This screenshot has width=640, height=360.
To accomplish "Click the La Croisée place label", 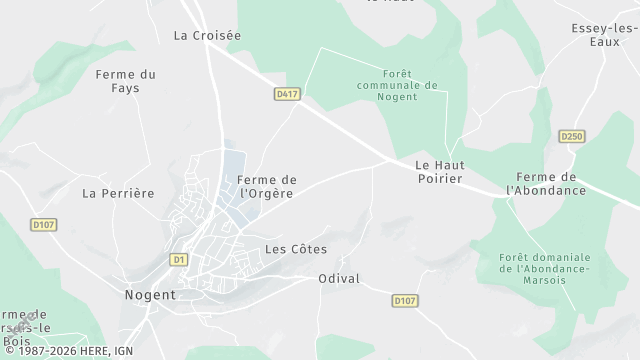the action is tap(207, 35).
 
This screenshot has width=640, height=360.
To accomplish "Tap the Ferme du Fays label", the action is tap(125, 81).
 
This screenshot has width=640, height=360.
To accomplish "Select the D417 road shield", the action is tap(288, 94).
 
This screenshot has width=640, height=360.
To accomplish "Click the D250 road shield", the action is tap(571, 136).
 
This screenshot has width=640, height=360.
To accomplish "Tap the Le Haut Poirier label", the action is tap(440, 171).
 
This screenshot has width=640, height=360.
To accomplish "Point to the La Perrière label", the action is tap(118, 193).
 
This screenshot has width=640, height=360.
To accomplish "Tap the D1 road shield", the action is tap(179, 259).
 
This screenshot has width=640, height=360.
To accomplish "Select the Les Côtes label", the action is tap(296, 249).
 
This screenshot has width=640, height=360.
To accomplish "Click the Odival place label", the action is tap(339, 279).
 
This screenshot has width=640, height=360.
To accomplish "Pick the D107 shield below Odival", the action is tap(404, 299).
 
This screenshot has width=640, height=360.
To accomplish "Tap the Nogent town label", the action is tap(150, 295).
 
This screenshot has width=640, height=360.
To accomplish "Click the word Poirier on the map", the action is tap(440, 178).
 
